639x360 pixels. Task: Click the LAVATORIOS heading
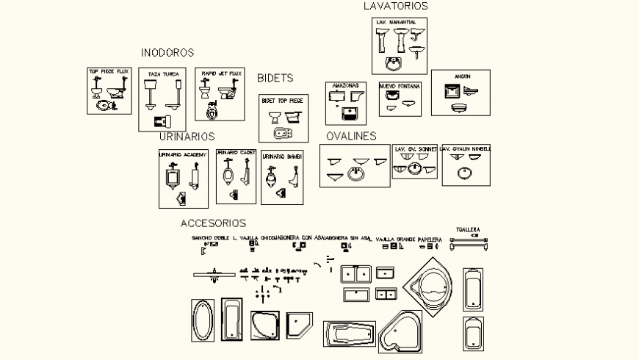click(395, 6)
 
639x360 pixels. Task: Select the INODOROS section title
click(167, 53)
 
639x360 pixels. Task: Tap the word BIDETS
click(275, 78)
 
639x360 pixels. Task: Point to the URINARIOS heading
click(187, 137)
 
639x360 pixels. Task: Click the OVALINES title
click(351, 136)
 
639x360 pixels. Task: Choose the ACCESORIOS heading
click(213, 223)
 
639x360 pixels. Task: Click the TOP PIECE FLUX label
click(109, 72)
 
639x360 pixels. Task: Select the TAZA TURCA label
click(162, 74)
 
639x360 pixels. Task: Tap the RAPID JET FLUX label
click(221, 73)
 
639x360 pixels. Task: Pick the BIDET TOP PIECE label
click(282, 99)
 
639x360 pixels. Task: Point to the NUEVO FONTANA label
click(400, 87)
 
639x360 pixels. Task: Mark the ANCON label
click(462, 76)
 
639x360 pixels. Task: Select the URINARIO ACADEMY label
click(184, 154)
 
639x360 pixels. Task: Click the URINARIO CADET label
click(236, 153)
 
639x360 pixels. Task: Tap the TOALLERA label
click(468, 229)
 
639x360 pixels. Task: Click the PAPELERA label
click(430, 240)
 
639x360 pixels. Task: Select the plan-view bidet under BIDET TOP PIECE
click(282, 134)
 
